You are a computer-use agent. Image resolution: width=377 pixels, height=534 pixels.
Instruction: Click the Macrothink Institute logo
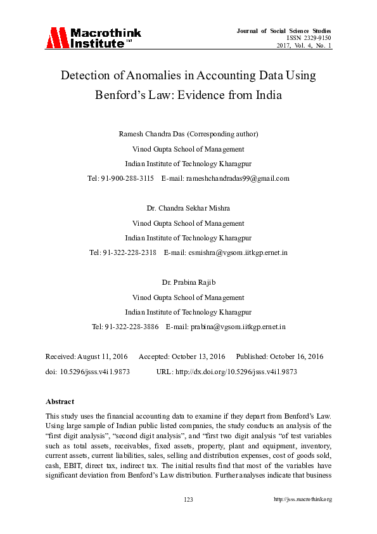[x=93, y=38]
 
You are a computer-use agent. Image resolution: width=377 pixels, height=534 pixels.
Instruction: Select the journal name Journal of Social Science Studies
[x=284, y=30]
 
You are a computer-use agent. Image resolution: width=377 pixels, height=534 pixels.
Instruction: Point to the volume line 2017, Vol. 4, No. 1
[x=304, y=46]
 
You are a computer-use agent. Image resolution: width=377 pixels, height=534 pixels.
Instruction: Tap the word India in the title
[x=265, y=96]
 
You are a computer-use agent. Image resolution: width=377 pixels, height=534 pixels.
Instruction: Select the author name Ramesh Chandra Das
[x=152, y=134]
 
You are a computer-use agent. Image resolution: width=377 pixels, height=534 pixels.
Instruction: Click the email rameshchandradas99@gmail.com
[x=237, y=178]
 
